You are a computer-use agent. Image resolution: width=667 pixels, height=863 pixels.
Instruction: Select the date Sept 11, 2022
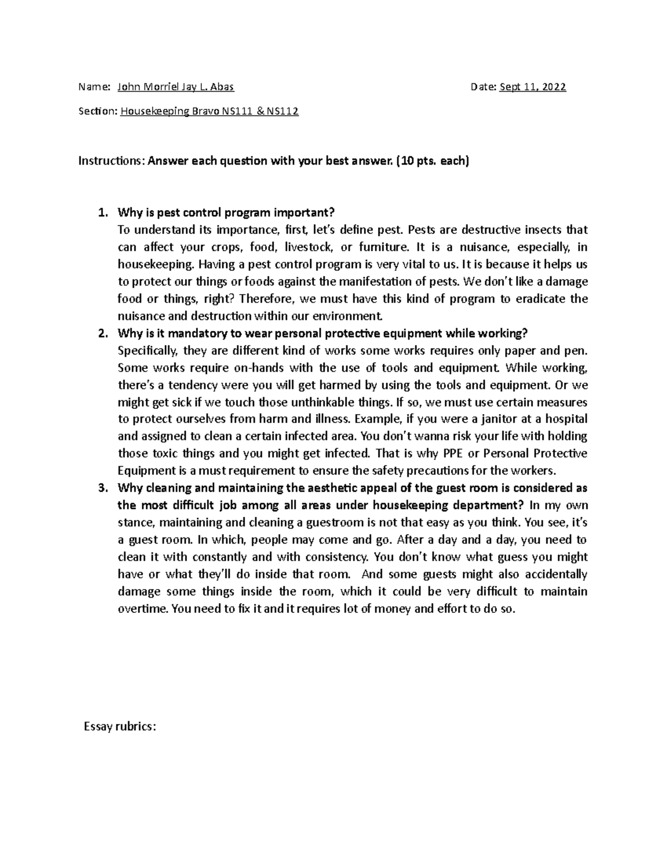(532, 87)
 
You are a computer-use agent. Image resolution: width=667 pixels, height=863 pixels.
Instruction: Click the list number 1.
(101, 213)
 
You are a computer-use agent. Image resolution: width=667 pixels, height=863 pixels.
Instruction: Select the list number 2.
(101, 333)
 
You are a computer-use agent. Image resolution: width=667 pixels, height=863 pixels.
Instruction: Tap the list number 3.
(101, 488)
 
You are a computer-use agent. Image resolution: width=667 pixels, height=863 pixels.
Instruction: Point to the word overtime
(142, 608)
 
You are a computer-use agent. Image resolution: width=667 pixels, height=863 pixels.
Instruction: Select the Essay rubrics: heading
(120, 726)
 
